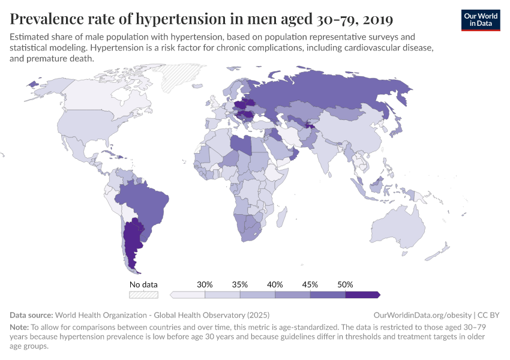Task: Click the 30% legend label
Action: pyautogui.click(x=205, y=284)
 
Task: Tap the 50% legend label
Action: pyautogui.click(x=345, y=284)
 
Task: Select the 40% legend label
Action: pyautogui.click(x=275, y=284)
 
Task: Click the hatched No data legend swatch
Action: pyautogui.click(x=143, y=295)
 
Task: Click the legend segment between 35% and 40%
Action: pyautogui.click(x=257, y=295)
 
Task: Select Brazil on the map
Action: pyautogui.click(x=145, y=201)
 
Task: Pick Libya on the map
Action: pyautogui.click(x=241, y=145)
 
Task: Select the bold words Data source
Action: pyautogui.click(x=31, y=315)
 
